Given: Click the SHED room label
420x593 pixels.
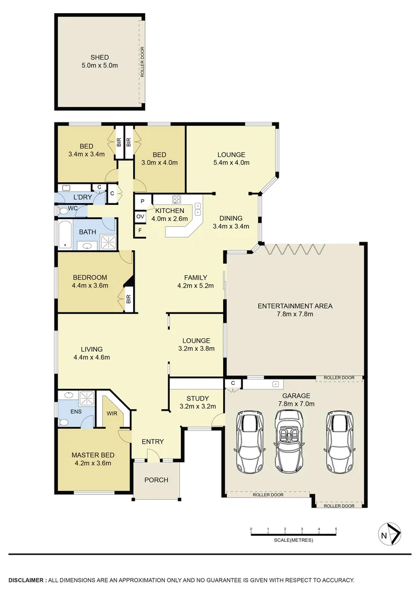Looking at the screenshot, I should (100, 57).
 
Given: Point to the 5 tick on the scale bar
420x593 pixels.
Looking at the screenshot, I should (336, 530).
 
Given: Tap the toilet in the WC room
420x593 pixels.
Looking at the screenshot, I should (63, 210).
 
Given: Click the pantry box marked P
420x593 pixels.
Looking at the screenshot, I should (142, 202).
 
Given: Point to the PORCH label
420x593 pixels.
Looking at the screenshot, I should (156, 480).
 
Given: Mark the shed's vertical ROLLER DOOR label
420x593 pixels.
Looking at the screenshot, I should (142, 63).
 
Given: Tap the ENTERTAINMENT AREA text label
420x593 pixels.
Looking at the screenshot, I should (295, 306).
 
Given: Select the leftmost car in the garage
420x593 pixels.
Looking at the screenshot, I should (248, 442).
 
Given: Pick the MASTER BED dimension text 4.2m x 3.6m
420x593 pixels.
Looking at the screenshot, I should (92, 463).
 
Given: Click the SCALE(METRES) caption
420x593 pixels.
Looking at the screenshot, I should (294, 540).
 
